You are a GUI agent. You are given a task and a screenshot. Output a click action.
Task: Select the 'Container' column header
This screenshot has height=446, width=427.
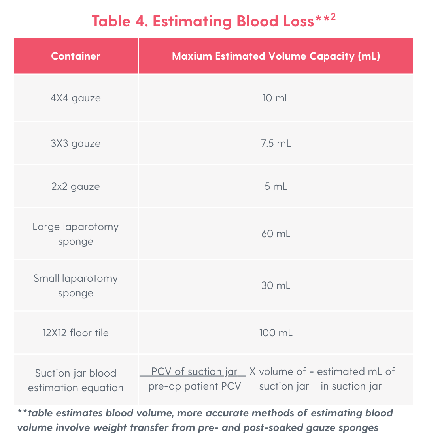click(x=76, y=56)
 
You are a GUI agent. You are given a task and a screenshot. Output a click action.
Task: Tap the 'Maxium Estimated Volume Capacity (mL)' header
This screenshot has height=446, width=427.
click(x=276, y=56)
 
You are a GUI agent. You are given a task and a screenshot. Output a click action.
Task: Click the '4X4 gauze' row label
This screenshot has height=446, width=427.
click(x=76, y=98)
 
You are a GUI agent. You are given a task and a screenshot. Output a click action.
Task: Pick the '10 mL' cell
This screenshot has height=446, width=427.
click(x=276, y=98)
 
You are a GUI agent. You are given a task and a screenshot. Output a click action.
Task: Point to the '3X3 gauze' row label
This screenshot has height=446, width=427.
click(x=76, y=143)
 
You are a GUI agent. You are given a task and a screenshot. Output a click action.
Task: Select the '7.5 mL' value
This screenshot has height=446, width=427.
click(x=276, y=143)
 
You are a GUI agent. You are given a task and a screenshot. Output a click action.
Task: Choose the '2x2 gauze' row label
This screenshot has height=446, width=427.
click(x=76, y=186)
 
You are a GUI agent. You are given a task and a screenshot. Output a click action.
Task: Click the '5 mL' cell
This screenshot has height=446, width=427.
click(x=276, y=186)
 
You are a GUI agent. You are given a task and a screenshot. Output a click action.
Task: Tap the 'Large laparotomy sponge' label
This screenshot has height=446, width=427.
click(x=76, y=234)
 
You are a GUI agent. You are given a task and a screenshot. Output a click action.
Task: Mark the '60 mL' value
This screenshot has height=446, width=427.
click(x=276, y=234)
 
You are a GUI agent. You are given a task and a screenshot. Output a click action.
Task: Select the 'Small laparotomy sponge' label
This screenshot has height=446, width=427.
click(x=76, y=285)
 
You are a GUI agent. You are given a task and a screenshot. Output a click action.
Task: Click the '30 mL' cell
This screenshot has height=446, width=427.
click(x=276, y=285)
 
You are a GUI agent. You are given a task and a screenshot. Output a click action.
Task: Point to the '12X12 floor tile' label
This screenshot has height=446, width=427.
click(x=76, y=333)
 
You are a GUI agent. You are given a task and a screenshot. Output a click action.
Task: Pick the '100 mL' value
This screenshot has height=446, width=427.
click(x=276, y=333)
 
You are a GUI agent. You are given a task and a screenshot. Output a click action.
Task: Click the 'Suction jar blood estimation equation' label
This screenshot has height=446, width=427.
click(x=76, y=380)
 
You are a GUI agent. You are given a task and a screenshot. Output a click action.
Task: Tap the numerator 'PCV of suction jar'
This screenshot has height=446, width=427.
click(x=194, y=372)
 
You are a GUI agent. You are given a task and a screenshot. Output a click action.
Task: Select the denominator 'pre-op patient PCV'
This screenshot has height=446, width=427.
click(x=195, y=386)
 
